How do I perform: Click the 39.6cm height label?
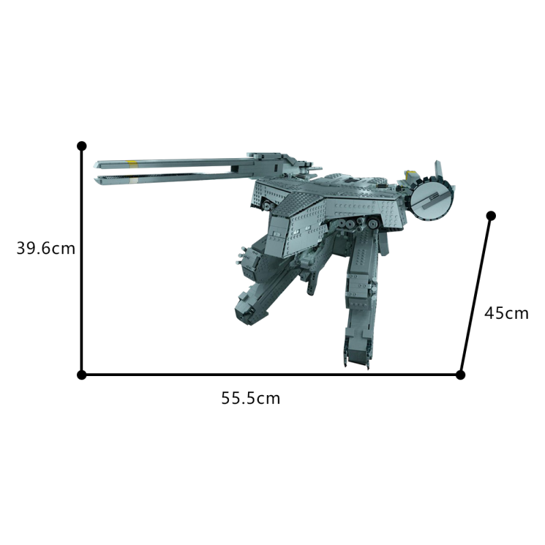[46, 249]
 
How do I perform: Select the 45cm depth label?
[506, 313]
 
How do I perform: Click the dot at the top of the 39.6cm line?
[82, 146]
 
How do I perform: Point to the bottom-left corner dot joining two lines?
[82, 375]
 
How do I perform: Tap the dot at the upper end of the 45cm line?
[490, 216]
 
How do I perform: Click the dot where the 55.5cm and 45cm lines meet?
[461, 375]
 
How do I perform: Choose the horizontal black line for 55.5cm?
[272, 375]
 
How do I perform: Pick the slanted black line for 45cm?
[476, 295]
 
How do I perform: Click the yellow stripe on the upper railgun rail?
[133, 163]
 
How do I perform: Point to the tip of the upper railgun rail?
[99, 163]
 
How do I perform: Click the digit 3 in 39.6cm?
[21, 249]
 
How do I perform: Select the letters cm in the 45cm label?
[517, 313]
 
